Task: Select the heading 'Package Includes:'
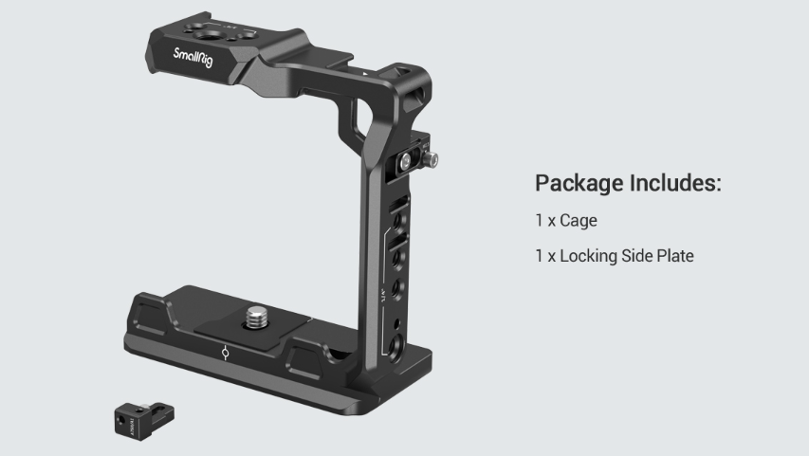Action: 628,183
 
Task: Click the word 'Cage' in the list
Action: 580,221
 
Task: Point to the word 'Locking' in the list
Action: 592,256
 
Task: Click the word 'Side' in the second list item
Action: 639,256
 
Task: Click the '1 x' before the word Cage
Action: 545,221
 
